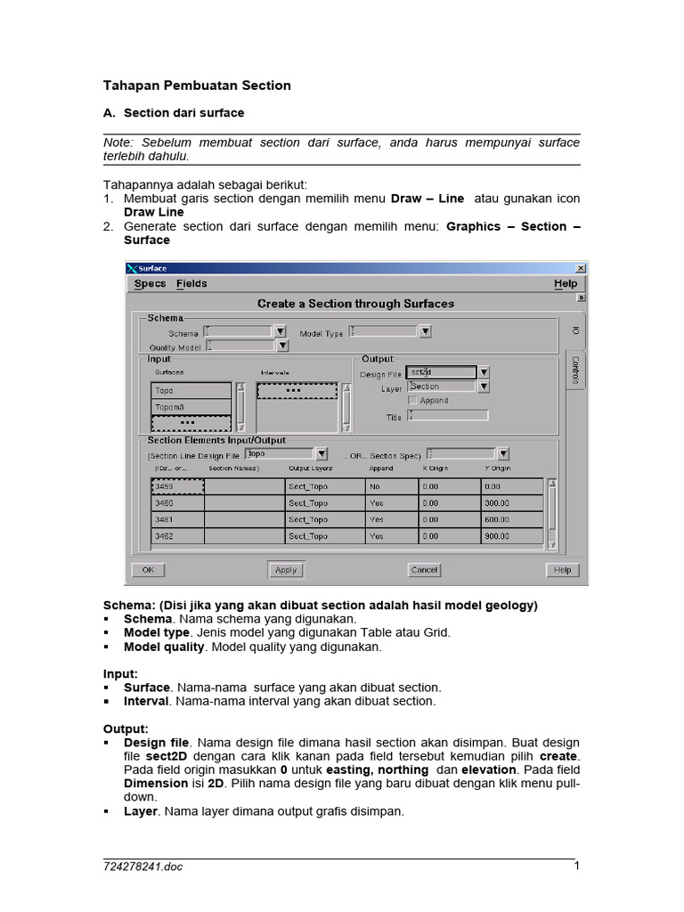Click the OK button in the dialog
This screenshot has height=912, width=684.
[148, 570]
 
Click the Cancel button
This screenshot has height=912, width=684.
[424, 570]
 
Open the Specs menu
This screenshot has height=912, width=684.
[150, 284]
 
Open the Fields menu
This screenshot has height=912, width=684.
[191, 284]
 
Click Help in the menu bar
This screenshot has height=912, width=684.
[565, 284]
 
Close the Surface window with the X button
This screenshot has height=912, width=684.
[580, 268]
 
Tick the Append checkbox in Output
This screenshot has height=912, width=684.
[412, 401]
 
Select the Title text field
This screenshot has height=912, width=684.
[448, 416]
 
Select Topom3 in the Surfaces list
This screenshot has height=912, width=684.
[191, 407]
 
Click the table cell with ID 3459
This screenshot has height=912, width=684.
[177, 487]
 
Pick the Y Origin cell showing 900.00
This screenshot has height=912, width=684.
[512, 536]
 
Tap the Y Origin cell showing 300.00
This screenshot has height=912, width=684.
[512, 503]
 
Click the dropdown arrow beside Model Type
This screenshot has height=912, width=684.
[426, 332]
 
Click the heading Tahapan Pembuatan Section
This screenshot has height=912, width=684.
[197, 85]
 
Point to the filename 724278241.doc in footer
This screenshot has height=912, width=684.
[142, 867]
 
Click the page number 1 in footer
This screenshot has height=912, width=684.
[576, 866]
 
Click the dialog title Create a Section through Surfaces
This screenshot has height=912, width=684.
[355, 304]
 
